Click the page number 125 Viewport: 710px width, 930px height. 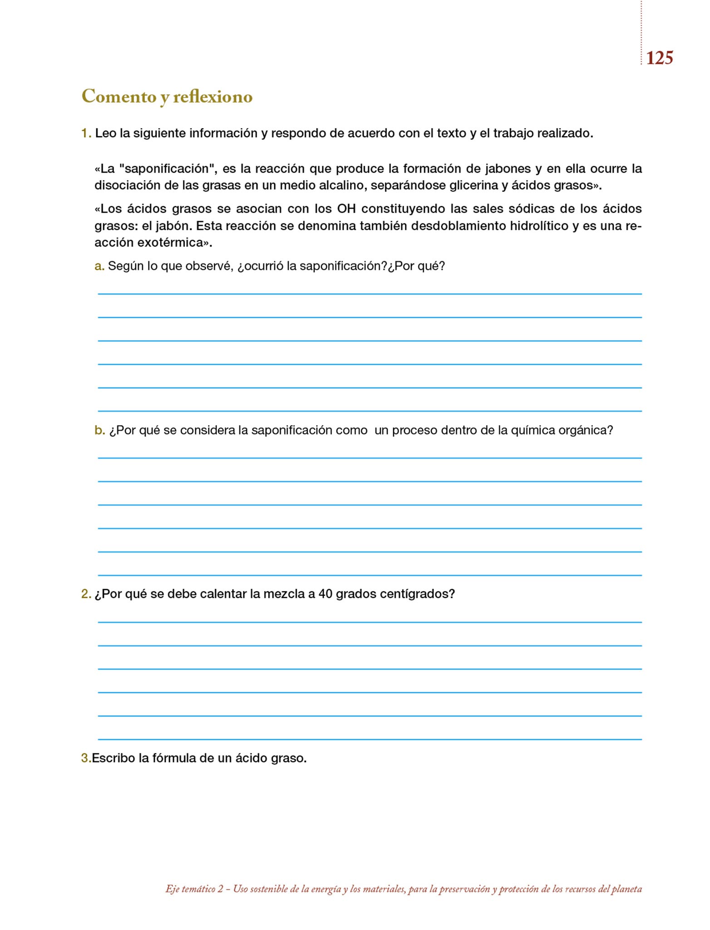(x=659, y=58)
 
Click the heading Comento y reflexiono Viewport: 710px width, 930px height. (x=167, y=97)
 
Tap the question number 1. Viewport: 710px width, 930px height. (x=86, y=134)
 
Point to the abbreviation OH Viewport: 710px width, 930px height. (x=346, y=209)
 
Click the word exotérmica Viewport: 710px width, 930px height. (x=173, y=242)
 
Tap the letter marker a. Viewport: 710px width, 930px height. (x=99, y=266)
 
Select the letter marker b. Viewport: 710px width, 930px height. (x=99, y=430)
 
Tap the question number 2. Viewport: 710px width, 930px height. (x=86, y=594)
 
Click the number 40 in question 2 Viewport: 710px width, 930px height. (x=325, y=594)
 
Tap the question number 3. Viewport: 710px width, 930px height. (x=85, y=758)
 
